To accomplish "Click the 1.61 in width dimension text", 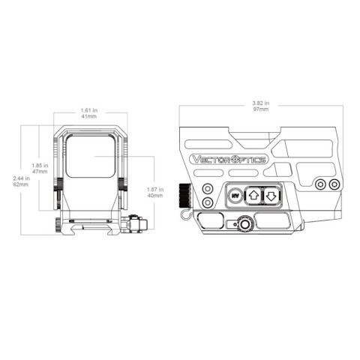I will coord(88,109).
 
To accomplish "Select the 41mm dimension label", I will coord(88,115).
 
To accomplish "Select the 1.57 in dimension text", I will coord(156,190).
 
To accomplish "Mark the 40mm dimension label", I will coord(156,197).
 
